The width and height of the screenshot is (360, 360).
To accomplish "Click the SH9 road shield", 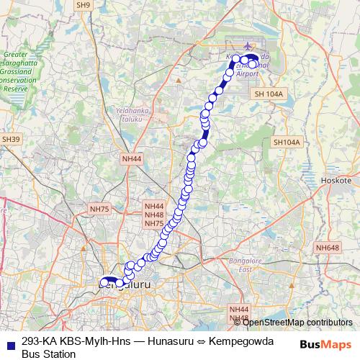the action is [84, 5].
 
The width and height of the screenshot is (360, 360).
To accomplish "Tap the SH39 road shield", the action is [10, 139].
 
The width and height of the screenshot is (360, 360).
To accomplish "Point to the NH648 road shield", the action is [326, 248].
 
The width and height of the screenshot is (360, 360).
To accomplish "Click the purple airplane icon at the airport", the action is [250, 48].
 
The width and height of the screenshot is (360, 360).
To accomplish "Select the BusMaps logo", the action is [325, 343].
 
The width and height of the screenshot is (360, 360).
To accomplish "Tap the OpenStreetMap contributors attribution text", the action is [297, 322].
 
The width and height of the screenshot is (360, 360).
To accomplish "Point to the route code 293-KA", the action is [40, 342].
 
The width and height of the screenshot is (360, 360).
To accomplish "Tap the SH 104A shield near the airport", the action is [270, 94].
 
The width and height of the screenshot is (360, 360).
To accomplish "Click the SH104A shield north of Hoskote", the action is [286, 143].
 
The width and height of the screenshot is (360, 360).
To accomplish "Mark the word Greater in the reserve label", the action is [15, 54].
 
